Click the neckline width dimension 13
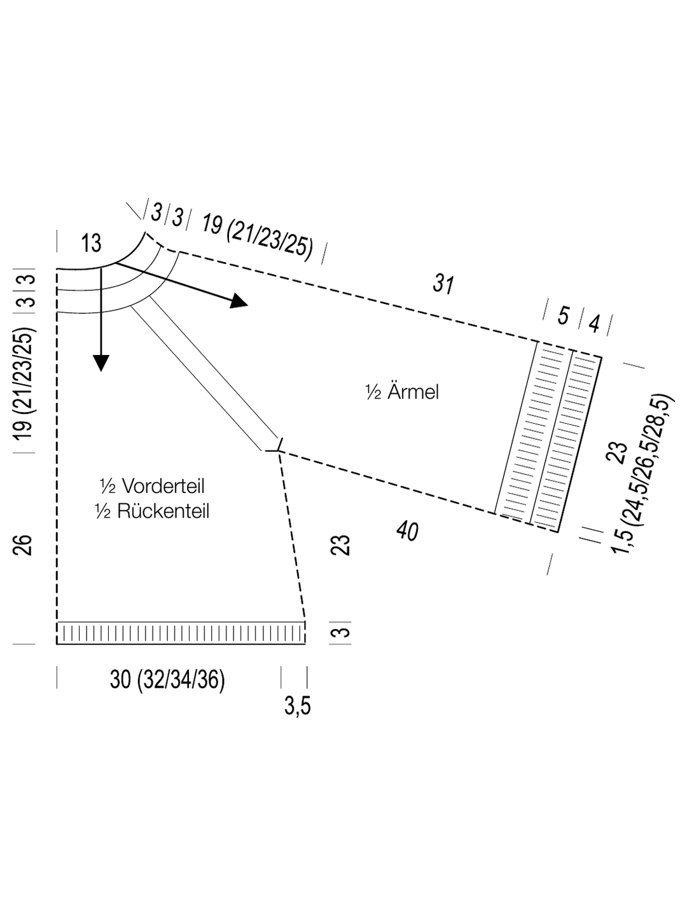[92, 243]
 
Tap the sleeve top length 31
[443, 284]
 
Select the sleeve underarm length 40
[407, 531]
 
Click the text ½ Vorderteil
[152, 486]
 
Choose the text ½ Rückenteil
[152, 511]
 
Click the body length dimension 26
[22, 544]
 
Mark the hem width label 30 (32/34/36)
[167, 680]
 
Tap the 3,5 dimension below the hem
[298, 707]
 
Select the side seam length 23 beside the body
[340, 545]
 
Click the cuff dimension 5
[563, 316]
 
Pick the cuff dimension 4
[595, 324]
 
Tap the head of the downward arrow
[101, 363]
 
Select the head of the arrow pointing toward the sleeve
[239, 300]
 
